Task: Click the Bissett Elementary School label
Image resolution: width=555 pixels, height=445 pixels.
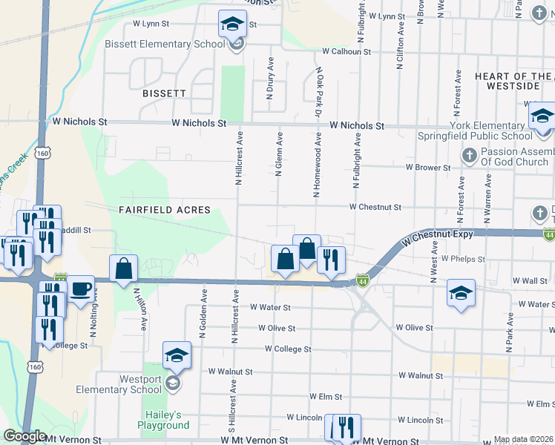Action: point(165,44)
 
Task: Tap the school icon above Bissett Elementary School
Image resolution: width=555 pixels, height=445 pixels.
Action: point(232,24)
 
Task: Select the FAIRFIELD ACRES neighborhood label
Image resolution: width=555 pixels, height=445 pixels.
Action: point(165,210)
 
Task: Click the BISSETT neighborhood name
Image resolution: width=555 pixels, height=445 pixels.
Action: point(165,94)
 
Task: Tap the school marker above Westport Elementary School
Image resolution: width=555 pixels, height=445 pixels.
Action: point(177,357)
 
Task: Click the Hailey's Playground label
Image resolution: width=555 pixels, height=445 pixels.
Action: point(163,420)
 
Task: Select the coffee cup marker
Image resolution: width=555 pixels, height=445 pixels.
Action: point(80,288)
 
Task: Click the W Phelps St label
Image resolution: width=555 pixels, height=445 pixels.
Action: point(463,260)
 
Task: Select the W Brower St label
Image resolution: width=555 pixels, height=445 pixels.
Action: point(427,168)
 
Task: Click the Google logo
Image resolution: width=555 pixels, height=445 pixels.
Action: point(25,436)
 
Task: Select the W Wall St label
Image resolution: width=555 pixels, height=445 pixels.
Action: point(530,282)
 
